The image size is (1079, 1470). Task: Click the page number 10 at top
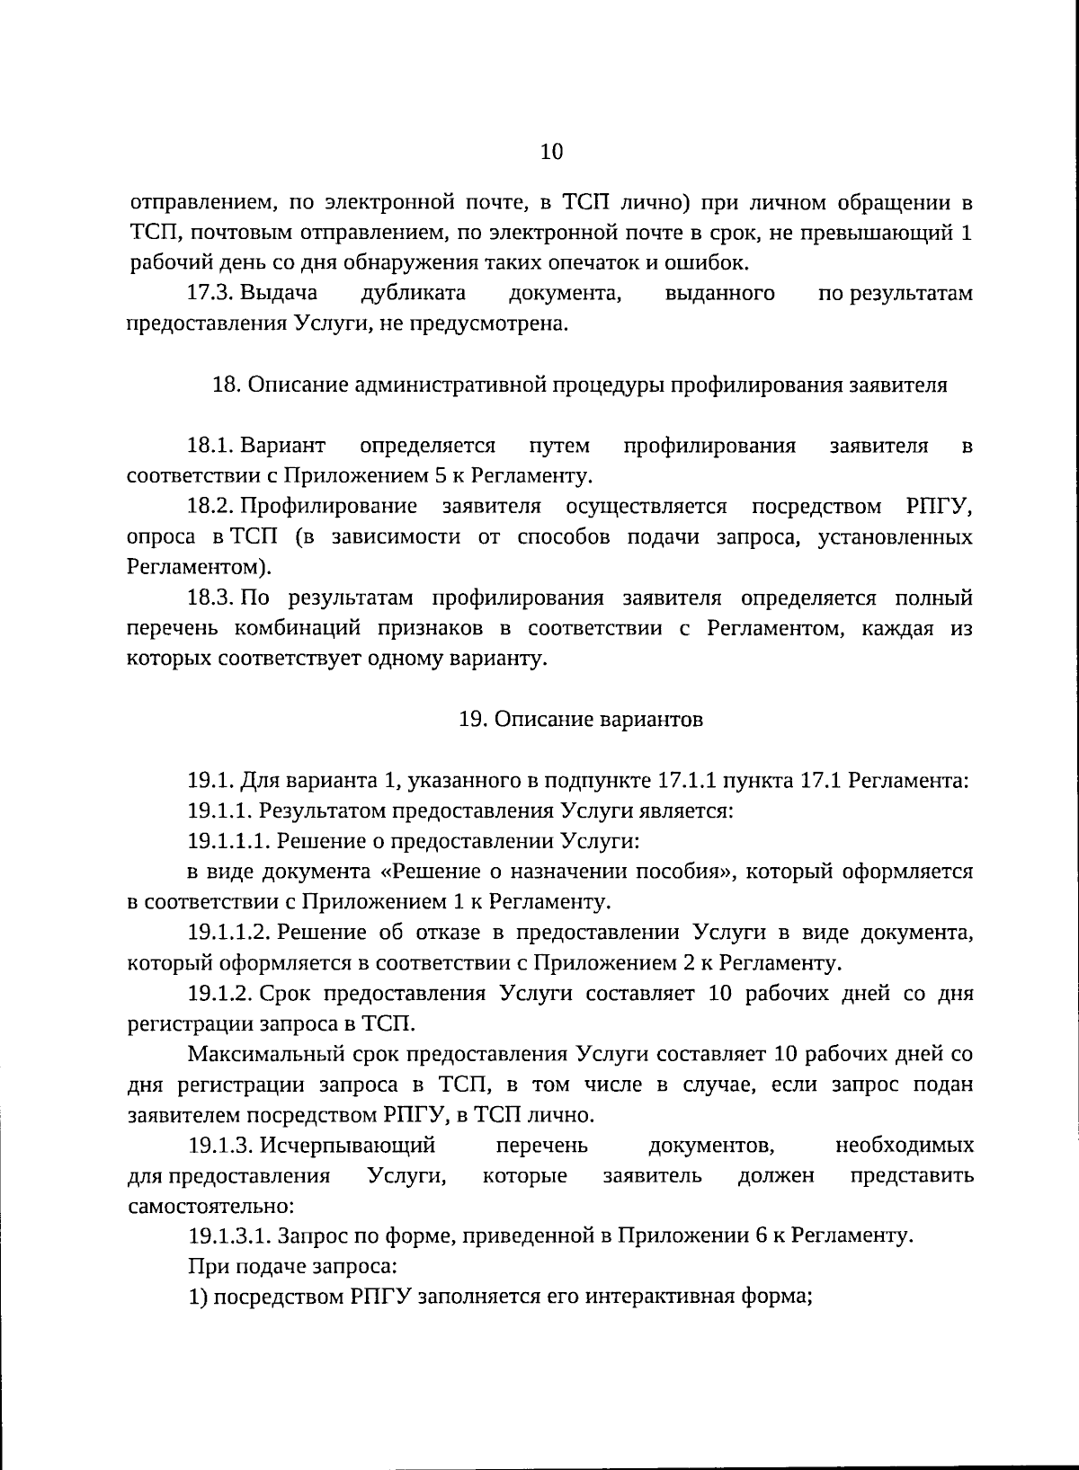[551, 152]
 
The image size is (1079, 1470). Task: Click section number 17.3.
[210, 293]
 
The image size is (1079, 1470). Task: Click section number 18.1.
[210, 446]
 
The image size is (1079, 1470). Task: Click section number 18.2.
[210, 507]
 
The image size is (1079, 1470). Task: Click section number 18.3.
[210, 598]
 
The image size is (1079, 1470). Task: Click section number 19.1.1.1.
[229, 841]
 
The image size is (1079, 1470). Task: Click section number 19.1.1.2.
[229, 933]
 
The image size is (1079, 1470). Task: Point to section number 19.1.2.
[221, 994]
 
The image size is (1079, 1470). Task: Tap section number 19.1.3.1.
[229, 1236]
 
